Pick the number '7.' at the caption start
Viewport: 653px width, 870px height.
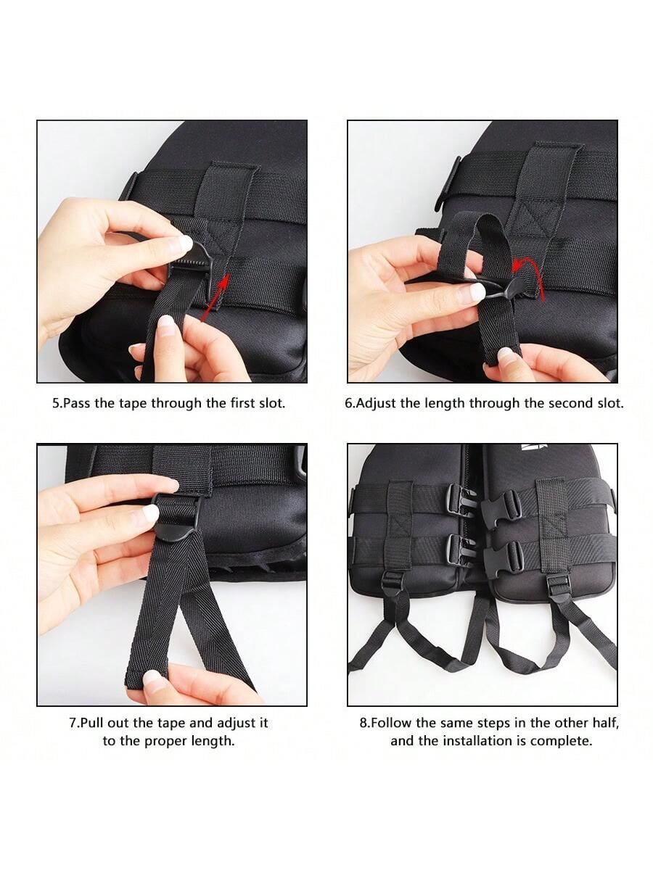pyautogui.click(x=75, y=723)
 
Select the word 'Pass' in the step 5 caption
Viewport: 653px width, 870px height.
pyautogui.click(x=77, y=404)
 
